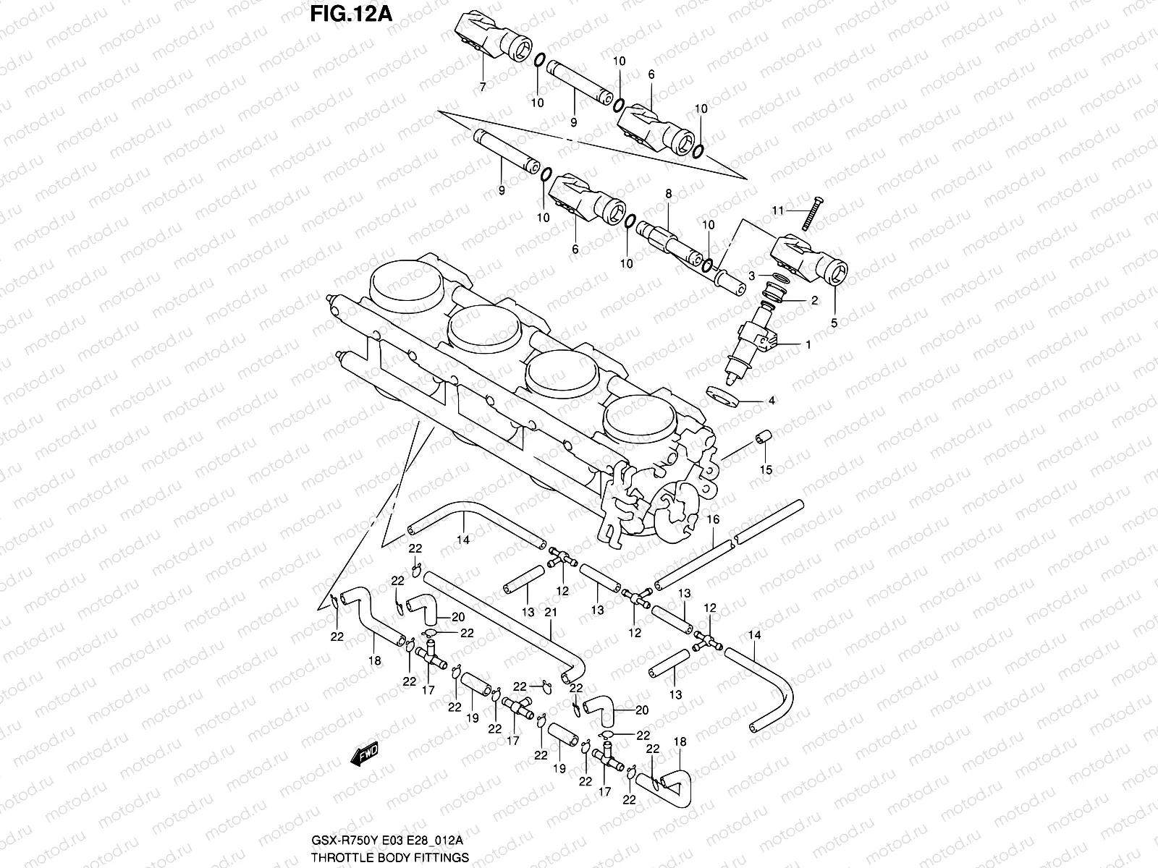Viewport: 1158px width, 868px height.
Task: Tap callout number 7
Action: [483, 86]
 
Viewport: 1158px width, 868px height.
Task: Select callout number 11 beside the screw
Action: [777, 210]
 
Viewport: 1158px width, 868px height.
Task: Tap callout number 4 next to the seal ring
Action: [772, 400]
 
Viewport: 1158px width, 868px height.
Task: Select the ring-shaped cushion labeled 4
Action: [723, 396]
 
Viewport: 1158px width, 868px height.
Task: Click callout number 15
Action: [766, 469]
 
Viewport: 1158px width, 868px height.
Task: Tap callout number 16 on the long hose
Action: [713, 520]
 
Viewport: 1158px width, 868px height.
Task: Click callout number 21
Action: [551, 613]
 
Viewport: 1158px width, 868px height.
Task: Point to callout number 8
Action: [668, 194]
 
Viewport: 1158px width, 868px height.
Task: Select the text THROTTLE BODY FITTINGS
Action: [390, 857]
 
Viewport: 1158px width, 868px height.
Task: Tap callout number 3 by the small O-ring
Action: [752, 276]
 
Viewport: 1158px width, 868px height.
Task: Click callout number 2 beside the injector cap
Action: [813, 301]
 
